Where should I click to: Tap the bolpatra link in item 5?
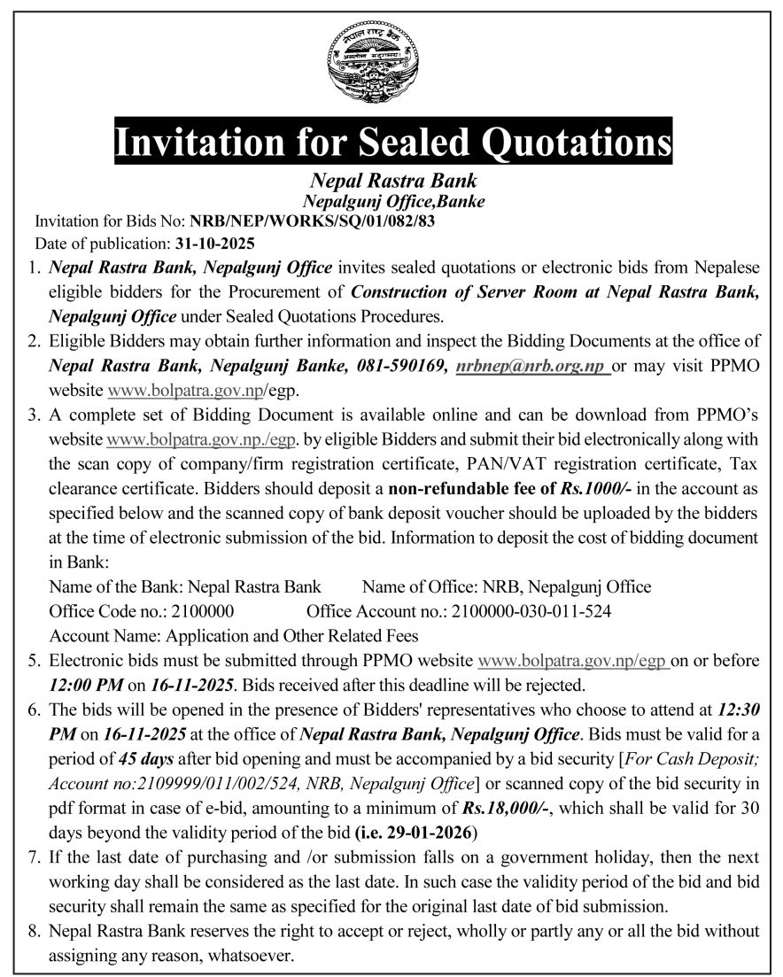click(572, 660)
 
